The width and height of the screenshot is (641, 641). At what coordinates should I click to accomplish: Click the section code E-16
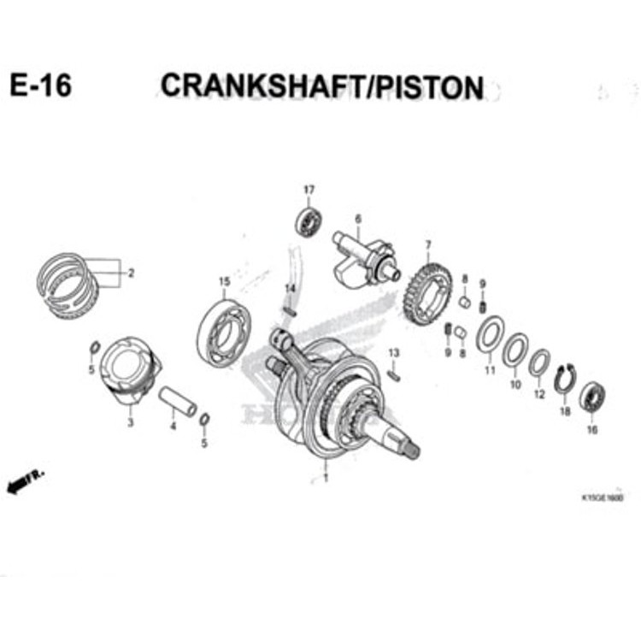[40, 87]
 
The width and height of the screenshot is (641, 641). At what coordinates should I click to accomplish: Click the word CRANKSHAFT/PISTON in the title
[321, 86]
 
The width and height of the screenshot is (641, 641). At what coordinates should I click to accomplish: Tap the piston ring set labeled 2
[68, 284]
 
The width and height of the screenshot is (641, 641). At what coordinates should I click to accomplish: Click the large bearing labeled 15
[224, 330]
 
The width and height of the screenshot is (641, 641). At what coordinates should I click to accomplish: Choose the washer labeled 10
[515, 350]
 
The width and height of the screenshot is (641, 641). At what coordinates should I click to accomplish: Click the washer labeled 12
[538, 363]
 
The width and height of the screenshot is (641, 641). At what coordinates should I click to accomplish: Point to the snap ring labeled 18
[564, 379]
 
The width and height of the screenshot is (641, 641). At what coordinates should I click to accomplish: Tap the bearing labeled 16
[591, 397]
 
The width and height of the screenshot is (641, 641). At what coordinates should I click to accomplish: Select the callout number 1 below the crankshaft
[325, 478]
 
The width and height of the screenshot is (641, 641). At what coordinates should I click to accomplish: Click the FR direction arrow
[24, 483]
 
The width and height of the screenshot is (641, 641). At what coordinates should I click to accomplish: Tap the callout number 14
[290, 288]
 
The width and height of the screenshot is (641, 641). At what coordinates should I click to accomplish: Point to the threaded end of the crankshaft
[409, 447]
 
